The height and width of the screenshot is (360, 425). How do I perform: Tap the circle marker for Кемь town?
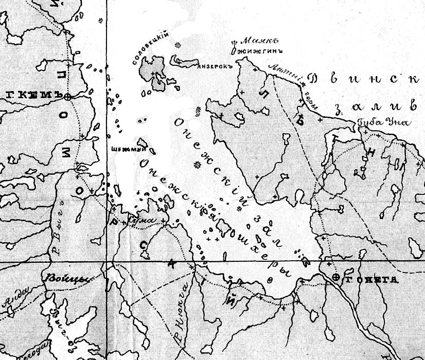click(67, 96)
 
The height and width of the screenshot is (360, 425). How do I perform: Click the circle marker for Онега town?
click(336, 278)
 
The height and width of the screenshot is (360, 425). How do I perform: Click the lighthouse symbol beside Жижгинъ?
click(235, 46)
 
